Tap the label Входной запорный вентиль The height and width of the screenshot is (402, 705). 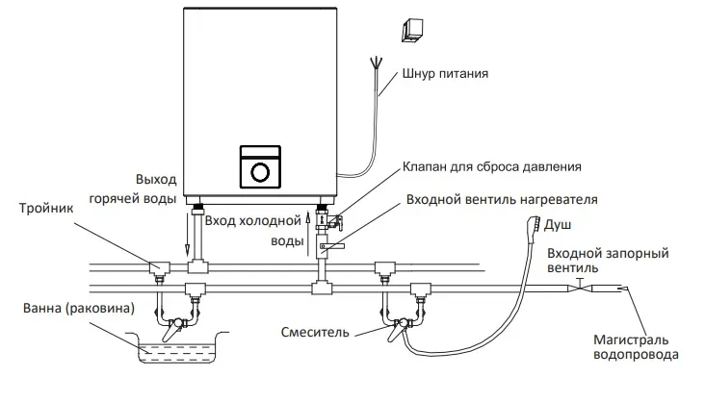(608, 262)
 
